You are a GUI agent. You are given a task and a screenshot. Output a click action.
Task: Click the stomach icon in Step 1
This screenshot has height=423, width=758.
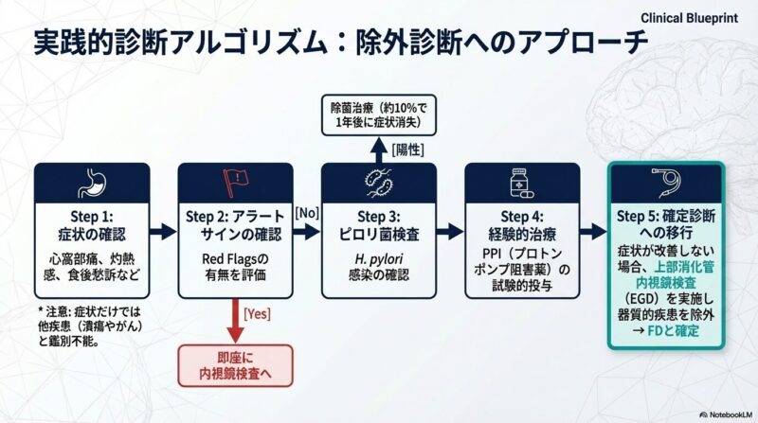coord(91,180)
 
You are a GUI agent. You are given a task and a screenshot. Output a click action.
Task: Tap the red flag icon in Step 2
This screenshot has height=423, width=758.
coord(232,180)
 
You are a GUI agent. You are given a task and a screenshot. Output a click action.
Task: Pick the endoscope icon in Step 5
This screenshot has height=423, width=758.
coord(666,181)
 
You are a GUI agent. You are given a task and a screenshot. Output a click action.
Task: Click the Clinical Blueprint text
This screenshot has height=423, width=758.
coord(695,18)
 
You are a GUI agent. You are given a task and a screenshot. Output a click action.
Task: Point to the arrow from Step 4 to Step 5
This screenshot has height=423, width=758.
coord(592,231)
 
